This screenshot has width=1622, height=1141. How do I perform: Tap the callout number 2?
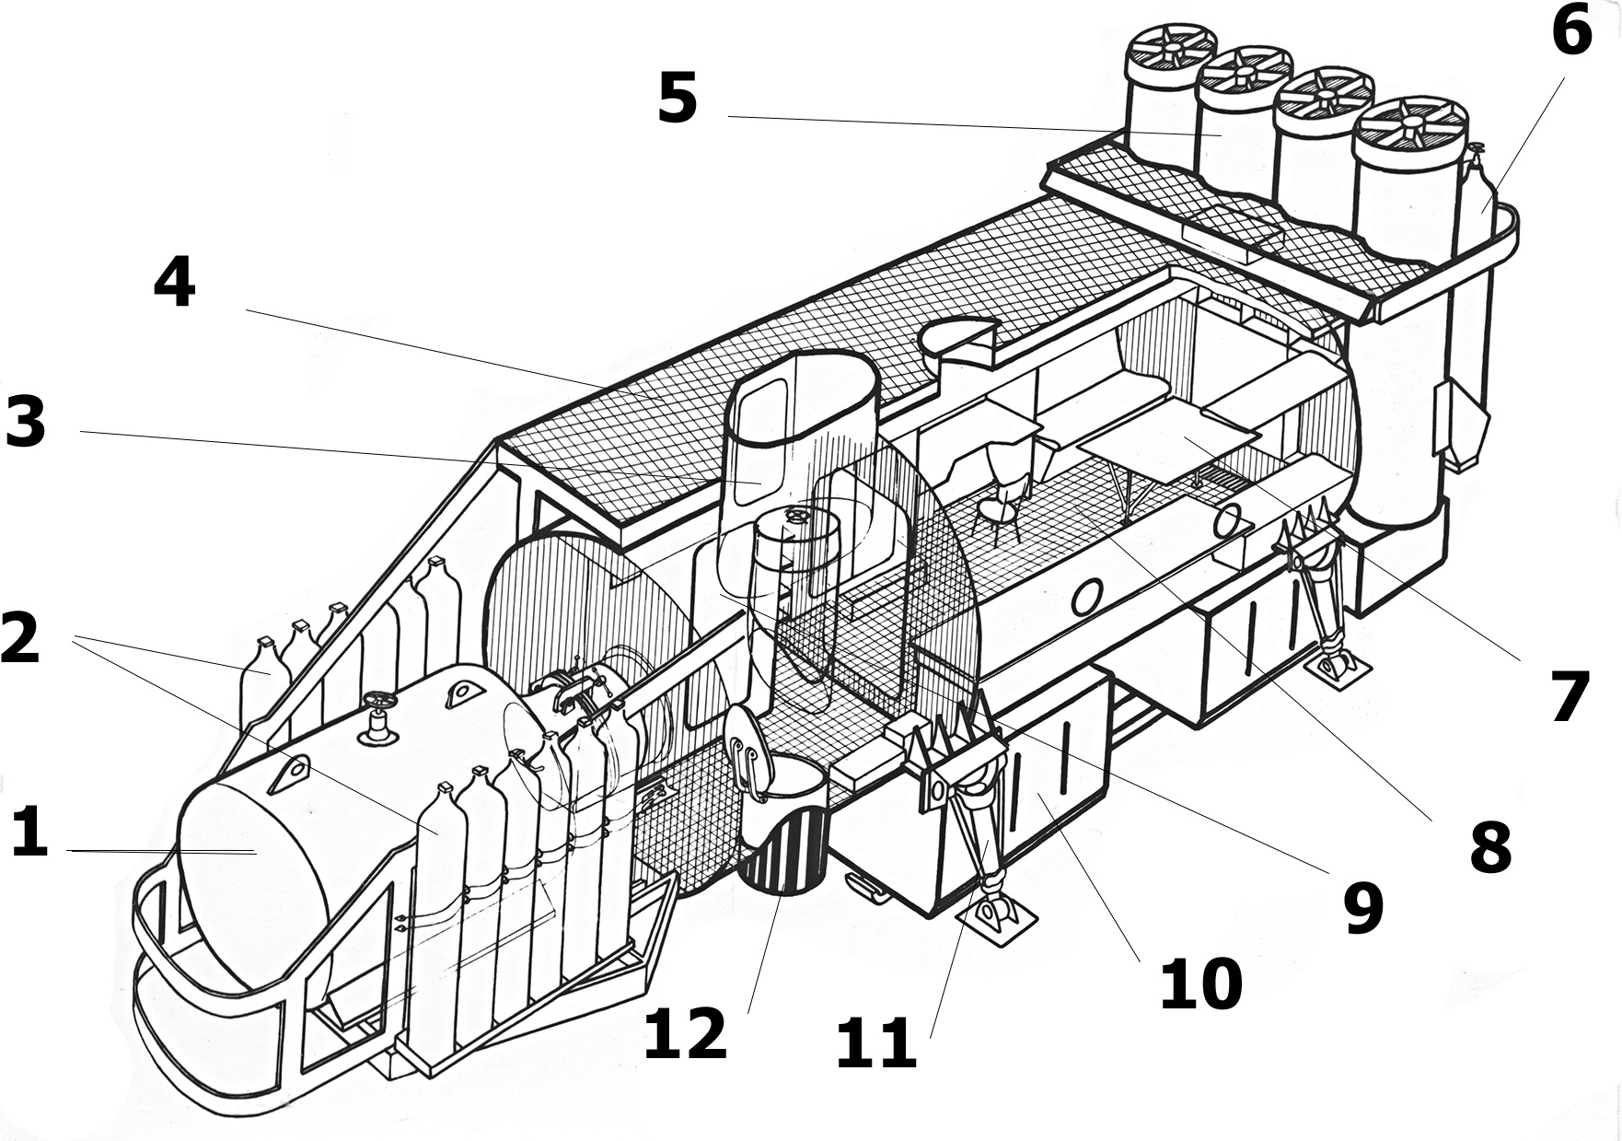tap(20, 637)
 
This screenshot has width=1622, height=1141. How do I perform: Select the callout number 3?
tap(26, 423)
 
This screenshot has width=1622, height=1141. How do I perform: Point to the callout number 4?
tap(174, 283)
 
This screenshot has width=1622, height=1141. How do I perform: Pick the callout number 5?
tap(678, 99)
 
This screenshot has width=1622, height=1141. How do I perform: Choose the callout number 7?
tap(1570, 697)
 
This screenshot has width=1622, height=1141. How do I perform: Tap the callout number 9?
tap(1363, 906)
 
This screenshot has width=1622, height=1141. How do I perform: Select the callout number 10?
tap(1201, 984)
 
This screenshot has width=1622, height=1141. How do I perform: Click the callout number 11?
tap(875, 1043)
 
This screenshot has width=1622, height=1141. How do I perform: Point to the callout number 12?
tap(685, 1032)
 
